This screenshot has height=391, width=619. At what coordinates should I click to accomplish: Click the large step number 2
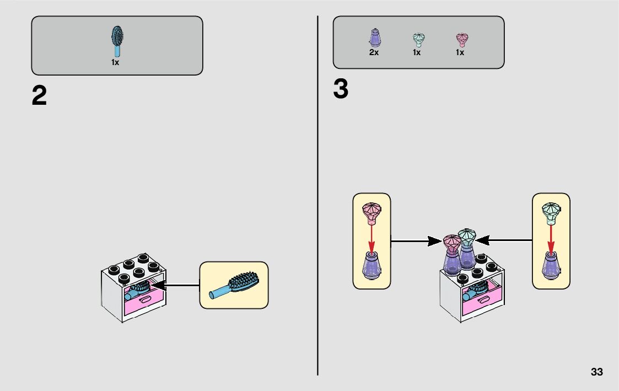(x=39, y=97)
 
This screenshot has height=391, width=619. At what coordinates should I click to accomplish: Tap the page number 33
(x=596, y=372)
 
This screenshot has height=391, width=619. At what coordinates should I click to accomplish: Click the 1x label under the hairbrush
(x=115, y=63)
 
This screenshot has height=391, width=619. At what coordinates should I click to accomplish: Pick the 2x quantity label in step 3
(x=374, y=53)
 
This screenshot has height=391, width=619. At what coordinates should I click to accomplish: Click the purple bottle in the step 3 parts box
(x=374, y=37)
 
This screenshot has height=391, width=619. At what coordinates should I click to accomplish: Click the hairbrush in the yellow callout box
(x=234, y=285)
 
